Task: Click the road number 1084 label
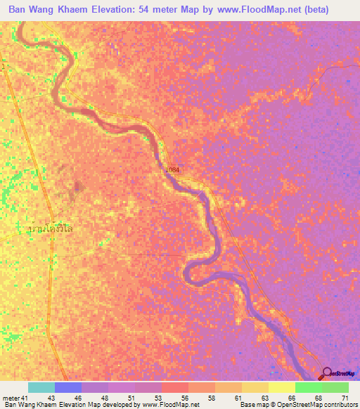[x=173, y=170]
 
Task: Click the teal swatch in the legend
[x=41, y=387]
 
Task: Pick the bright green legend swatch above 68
[x=308, y=387]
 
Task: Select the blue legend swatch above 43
[x=67, y=387]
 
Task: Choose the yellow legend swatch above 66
[x=281, y=387]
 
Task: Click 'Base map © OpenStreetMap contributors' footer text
[x=299, y=405]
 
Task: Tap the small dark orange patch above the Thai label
[x=77, y=186]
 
